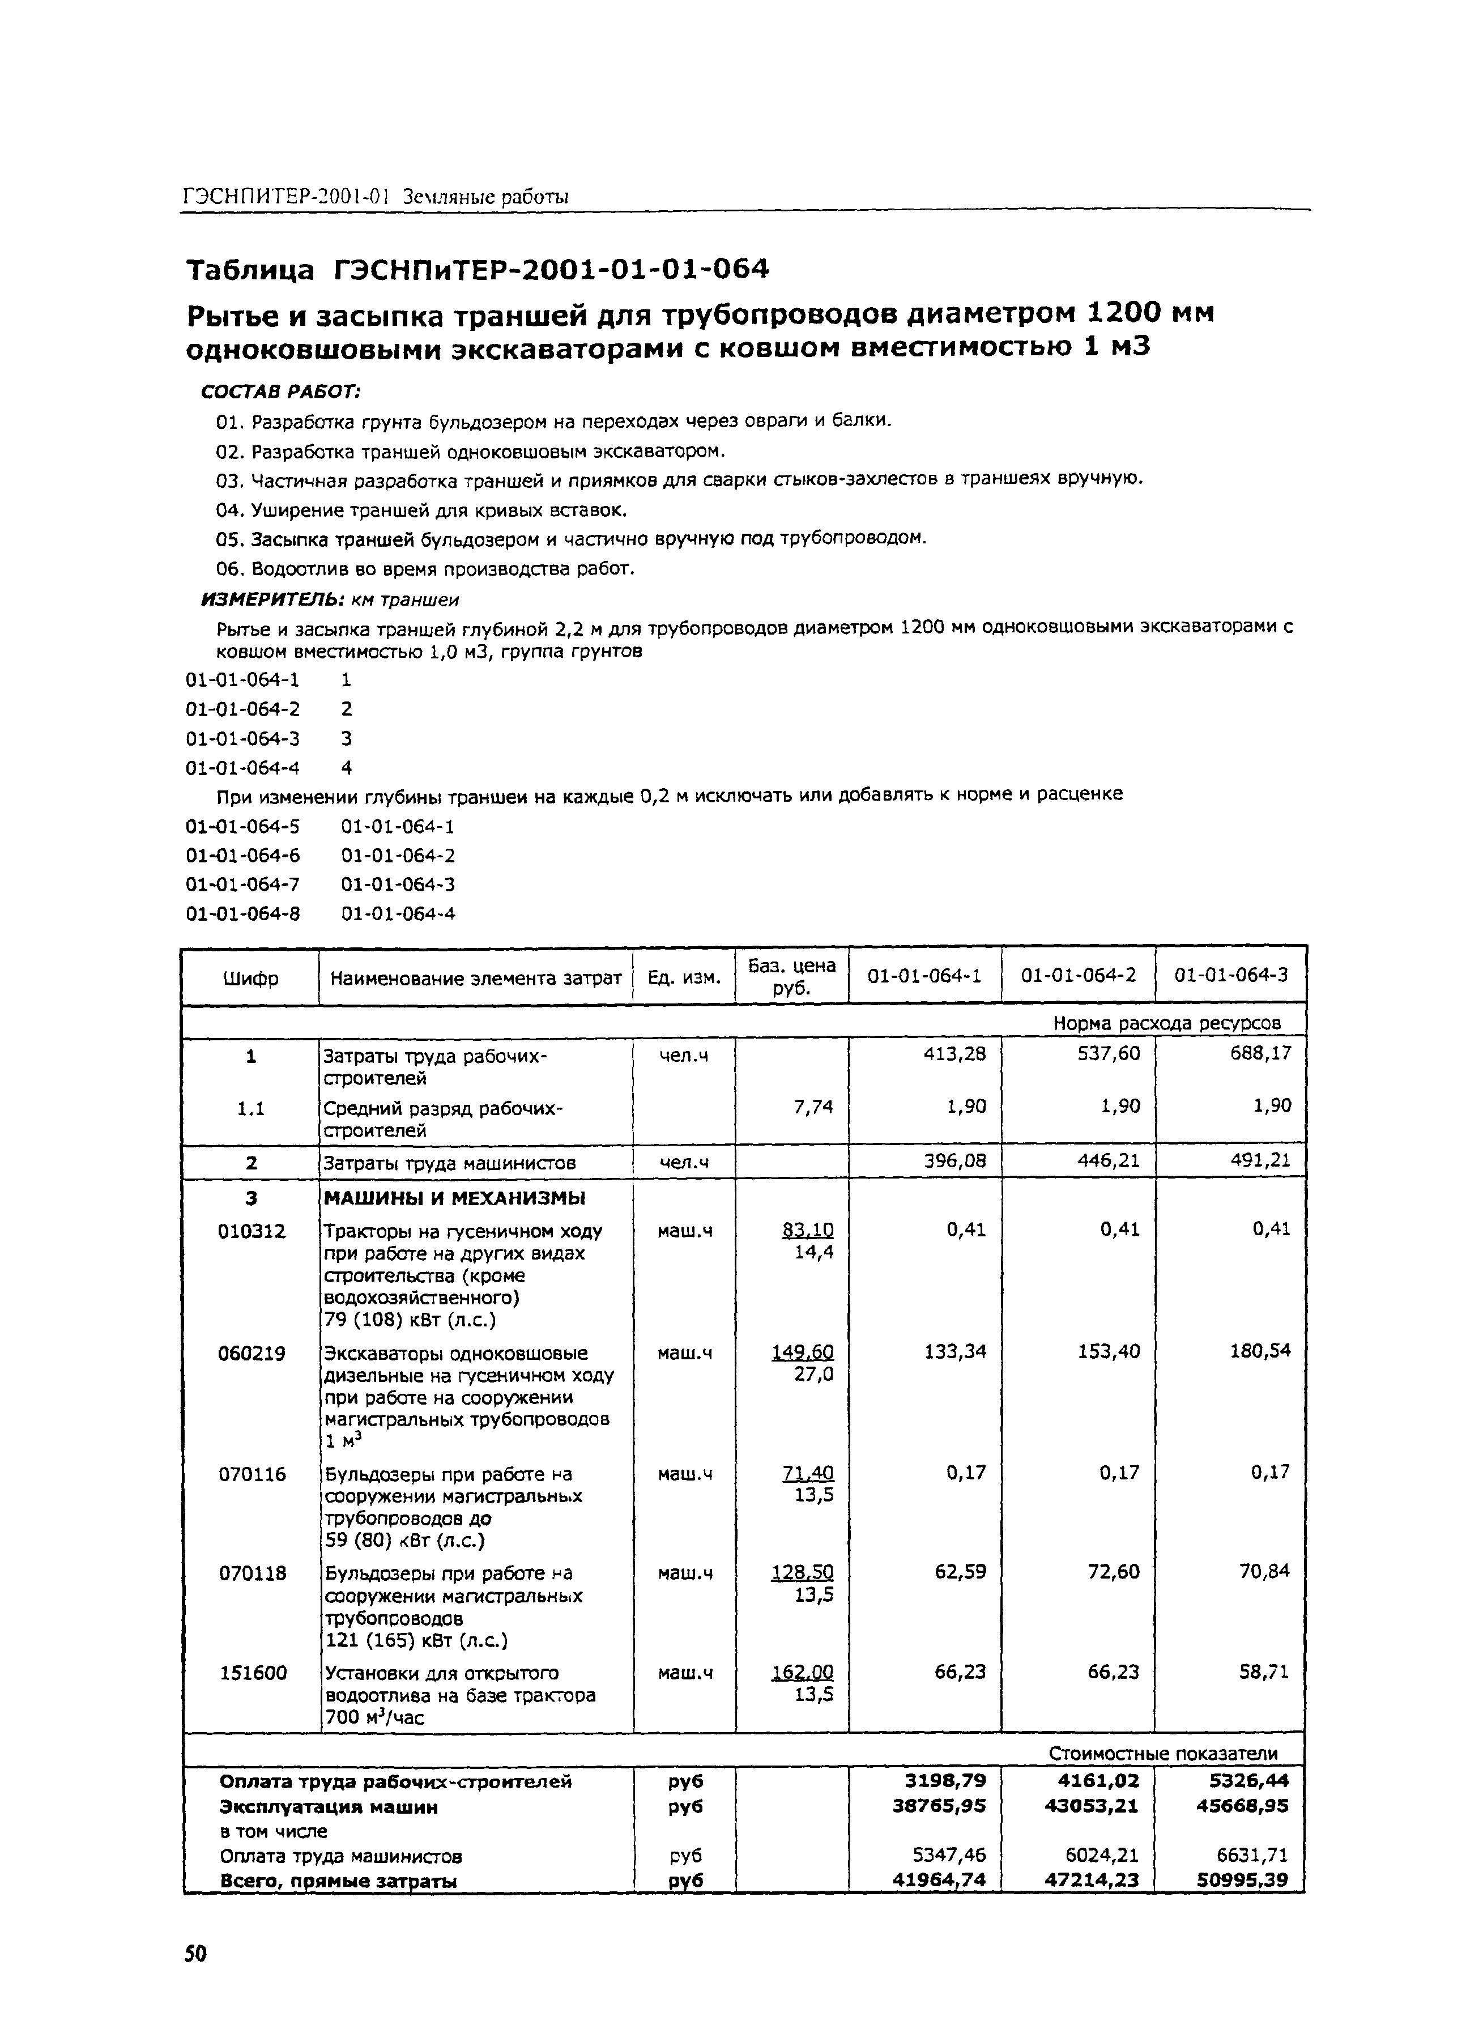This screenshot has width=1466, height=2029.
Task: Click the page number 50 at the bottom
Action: (195, 1952)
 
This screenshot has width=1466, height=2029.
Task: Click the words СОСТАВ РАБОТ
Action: (280, 392)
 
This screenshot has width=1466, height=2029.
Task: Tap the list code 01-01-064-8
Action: (242, 913)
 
